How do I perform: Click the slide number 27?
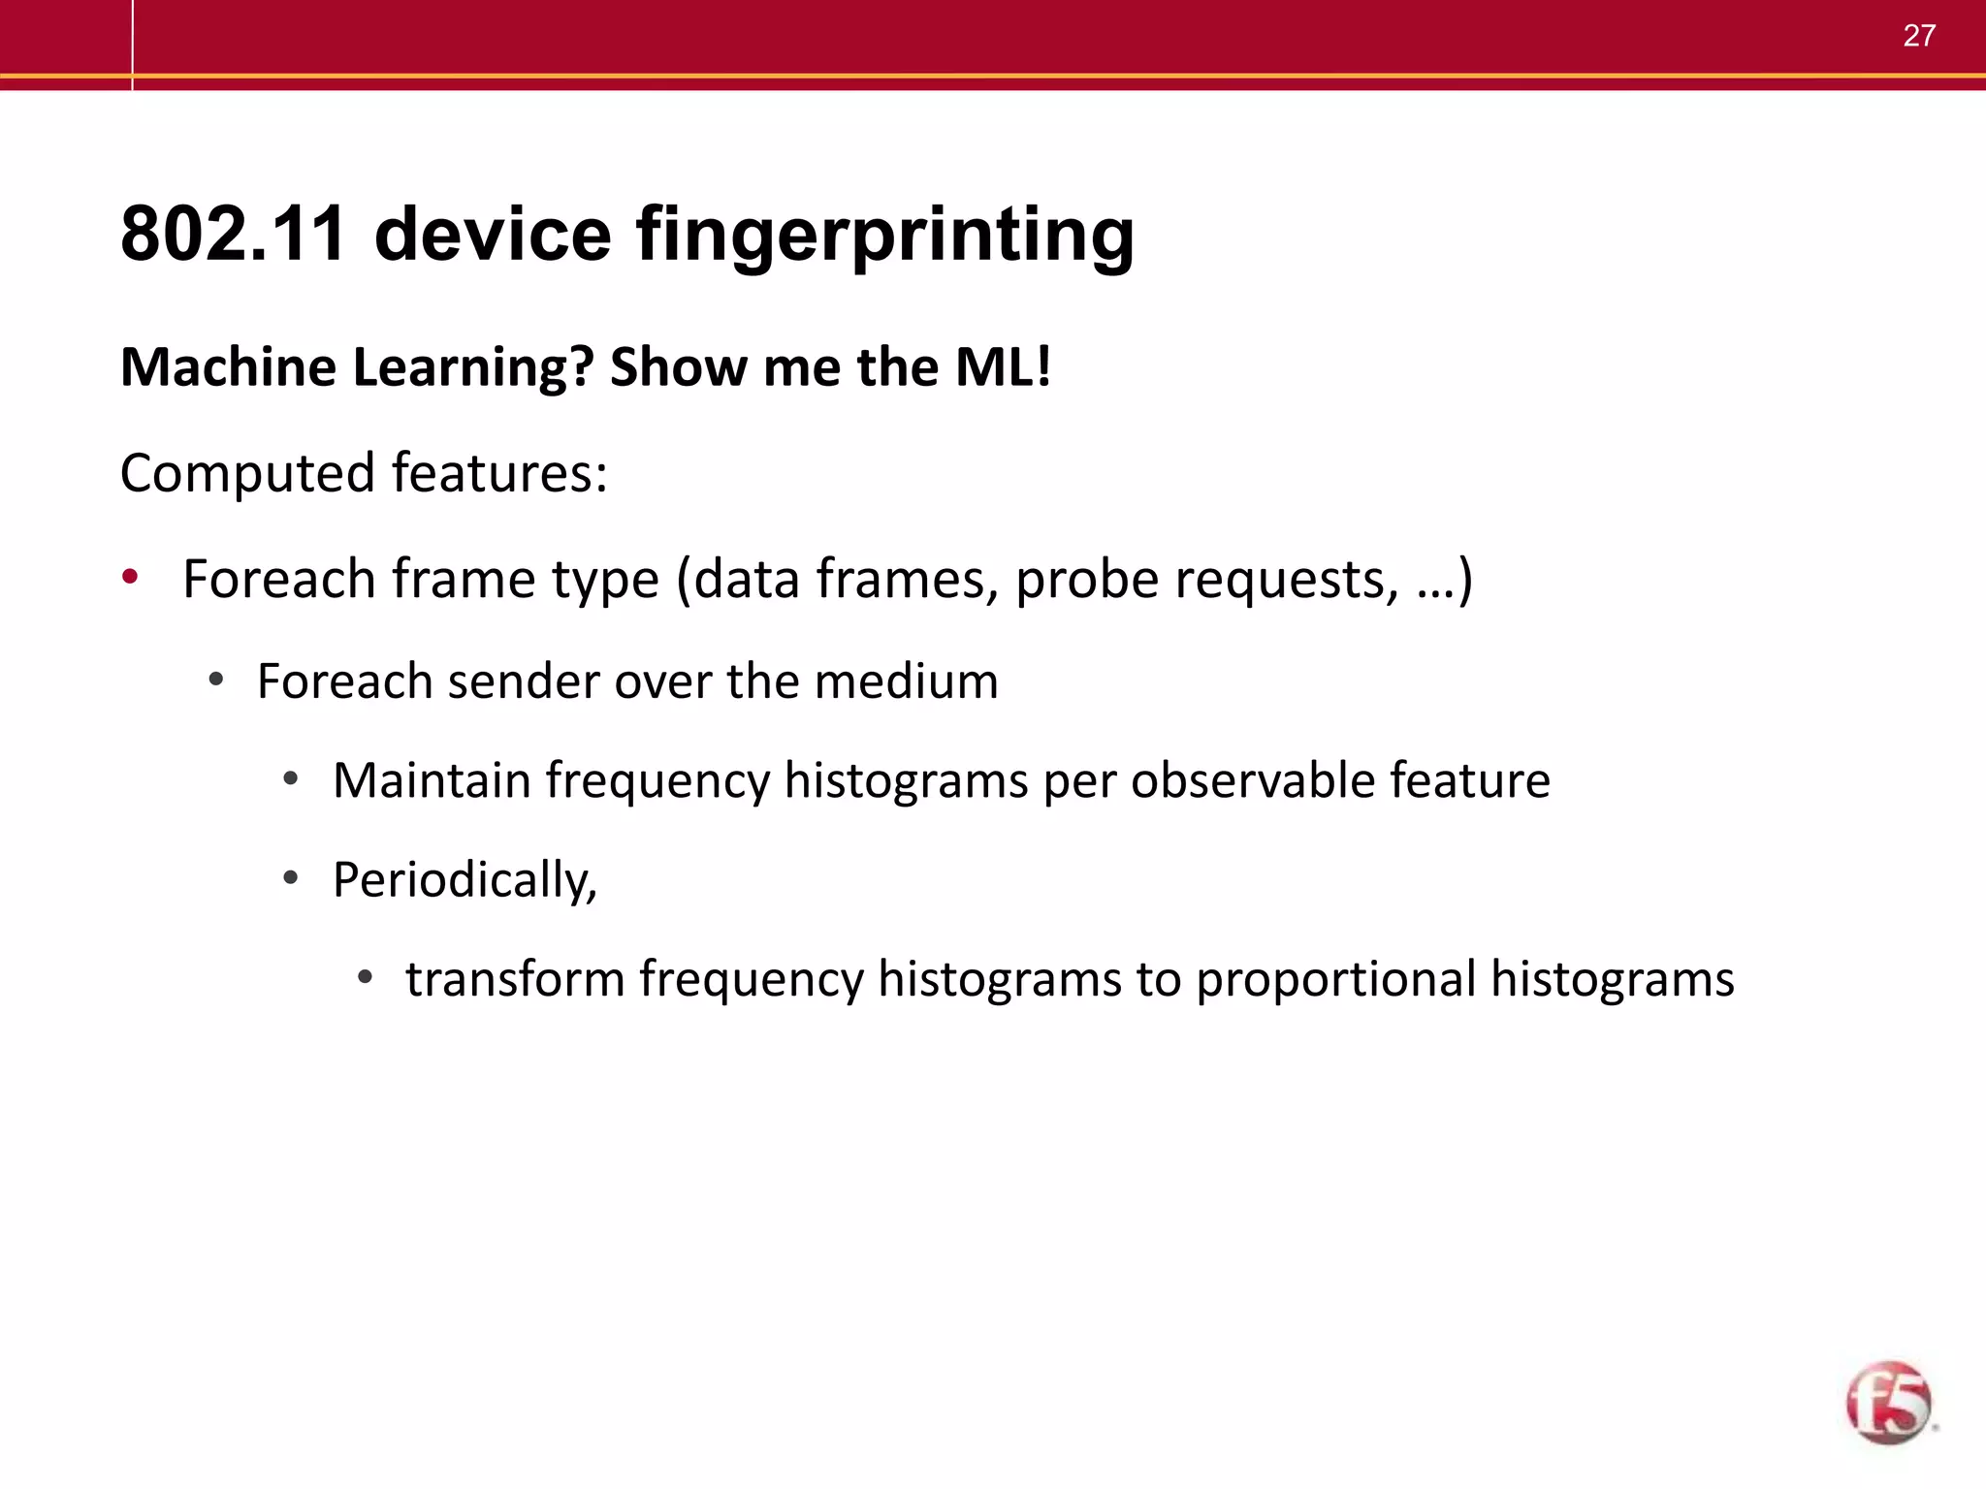tap(1919, 36)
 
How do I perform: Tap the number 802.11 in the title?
tap(233, 235)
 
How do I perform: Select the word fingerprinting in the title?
tap(884, 237)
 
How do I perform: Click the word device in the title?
tap(493, 235)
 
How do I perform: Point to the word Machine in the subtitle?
tap(228, 367)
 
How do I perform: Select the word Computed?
tap(247, 474)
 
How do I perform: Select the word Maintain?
tap(432, 780)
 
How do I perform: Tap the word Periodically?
tap(464, 881)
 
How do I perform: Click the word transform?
tap(515, 979)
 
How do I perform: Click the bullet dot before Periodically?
tap(290, 878)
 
